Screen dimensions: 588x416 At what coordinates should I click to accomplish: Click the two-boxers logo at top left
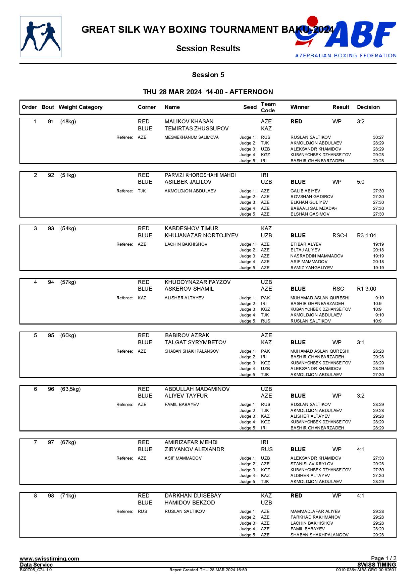click(41, 37)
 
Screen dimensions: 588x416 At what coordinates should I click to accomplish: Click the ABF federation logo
click(346, 37)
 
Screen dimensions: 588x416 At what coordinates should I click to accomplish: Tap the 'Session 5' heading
click(208, 75)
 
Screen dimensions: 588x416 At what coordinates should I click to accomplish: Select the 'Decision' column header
click(368, 107)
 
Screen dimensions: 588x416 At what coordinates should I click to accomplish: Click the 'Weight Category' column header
click(80, 107)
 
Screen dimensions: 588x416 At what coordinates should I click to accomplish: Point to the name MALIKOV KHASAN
click(189, 122)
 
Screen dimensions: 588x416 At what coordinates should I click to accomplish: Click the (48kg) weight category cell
click(68, 122)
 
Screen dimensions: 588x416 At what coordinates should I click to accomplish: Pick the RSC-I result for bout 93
click(340, 236)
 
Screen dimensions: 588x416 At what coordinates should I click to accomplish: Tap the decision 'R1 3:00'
click(366, 289)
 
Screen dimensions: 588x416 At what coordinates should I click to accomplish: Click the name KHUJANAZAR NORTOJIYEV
click(201, 236)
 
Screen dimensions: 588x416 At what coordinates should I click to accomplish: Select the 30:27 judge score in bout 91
click(378, 137)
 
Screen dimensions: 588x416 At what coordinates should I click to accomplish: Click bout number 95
click(51, 336)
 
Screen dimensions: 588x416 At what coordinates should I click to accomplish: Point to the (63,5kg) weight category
click(70, 389)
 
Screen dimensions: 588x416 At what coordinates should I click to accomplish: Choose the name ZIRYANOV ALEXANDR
click(194, 450)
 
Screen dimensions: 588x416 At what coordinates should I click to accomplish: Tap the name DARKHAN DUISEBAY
click(193, 496)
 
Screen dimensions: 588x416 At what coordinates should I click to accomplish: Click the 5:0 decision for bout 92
click(360, 182)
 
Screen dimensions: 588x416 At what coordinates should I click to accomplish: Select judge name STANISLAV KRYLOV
click(312, 464)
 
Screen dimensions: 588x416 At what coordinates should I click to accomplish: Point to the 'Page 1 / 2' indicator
click(383, 558)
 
